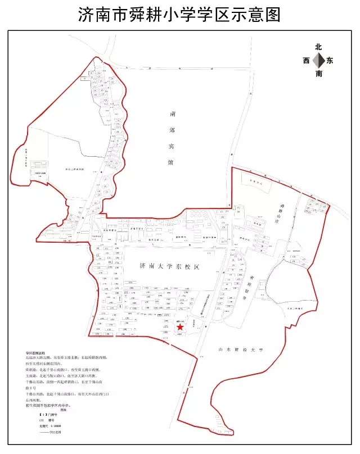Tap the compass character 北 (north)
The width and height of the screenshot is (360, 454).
pyautogui.click(x=318, y=48)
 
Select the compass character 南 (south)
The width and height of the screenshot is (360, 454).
pyautogui.click(x=319, y=73)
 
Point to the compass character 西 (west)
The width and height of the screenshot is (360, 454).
pyautogui.click(x=307, y=61)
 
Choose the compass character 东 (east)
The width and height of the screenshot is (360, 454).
pyautogui.click(x=330, y=61)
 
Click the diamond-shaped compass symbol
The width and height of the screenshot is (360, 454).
pyautogui.click(x=318, y=61)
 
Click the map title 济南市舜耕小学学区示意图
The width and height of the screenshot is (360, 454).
pyautogui.click(x=179, y=15)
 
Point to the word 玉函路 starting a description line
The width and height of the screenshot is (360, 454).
pyautogui.click(x=31, y=376)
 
